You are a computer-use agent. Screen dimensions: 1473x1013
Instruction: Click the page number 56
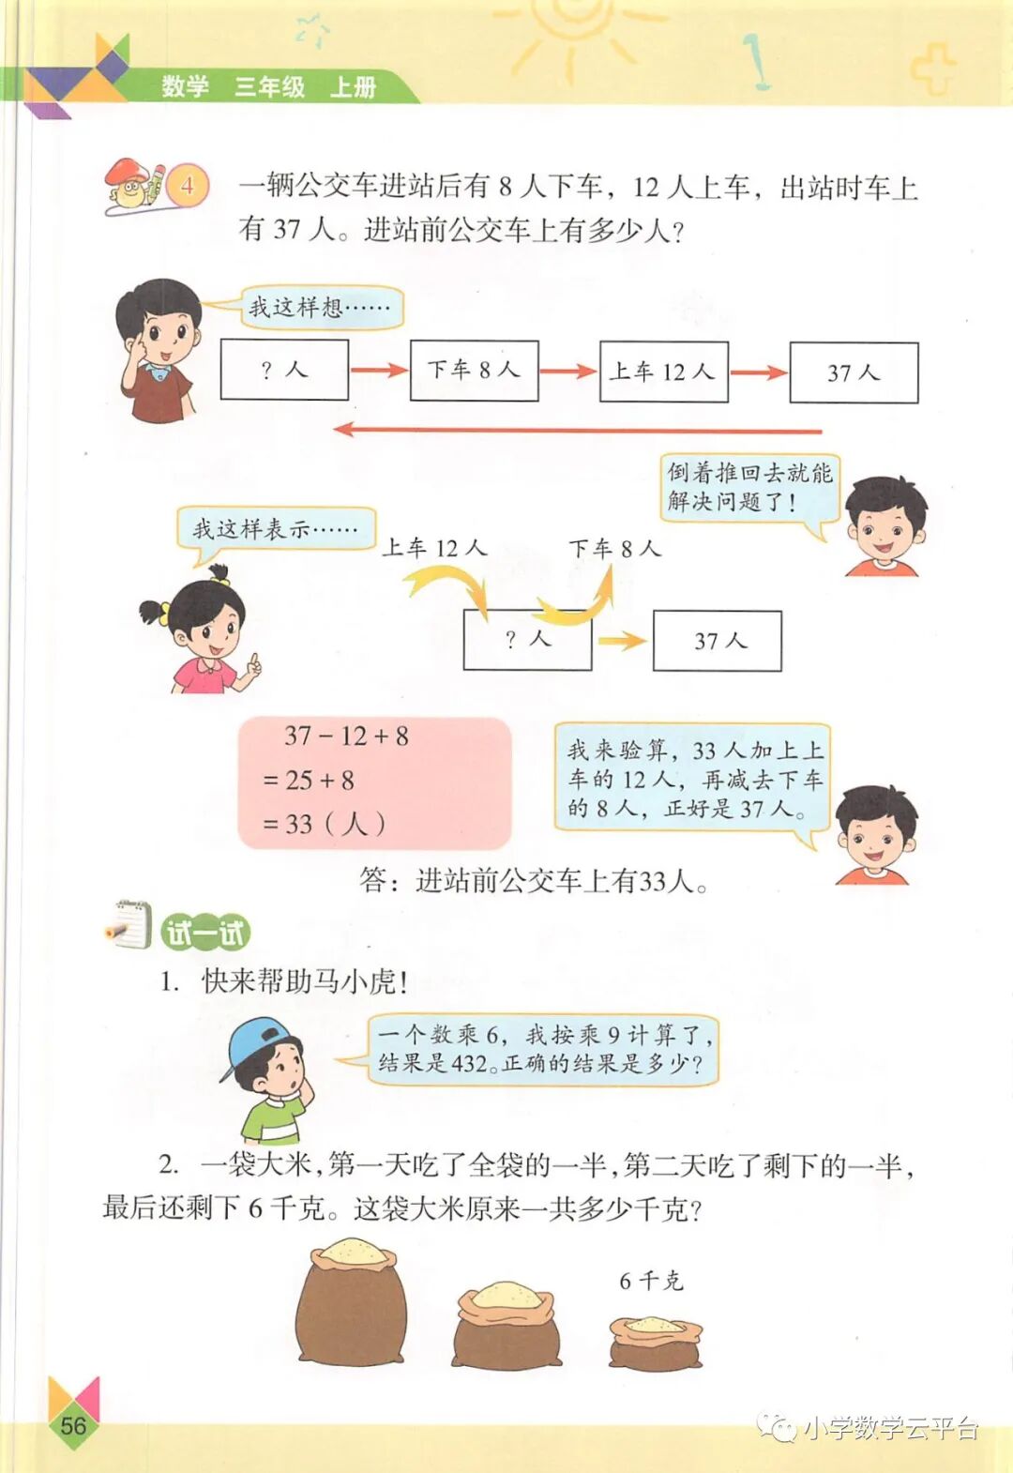(x=72, y=1425)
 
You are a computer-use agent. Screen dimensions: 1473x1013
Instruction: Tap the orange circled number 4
(x=188, y=184)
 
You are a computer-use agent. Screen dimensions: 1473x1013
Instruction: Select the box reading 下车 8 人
(x=474, y=371)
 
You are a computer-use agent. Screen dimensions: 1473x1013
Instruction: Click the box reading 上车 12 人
(x=663, y=372)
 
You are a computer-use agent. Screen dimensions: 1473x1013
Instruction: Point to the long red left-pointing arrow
(x=577, y=431)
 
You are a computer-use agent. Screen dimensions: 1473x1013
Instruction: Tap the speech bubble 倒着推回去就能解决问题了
(x=748, y=486)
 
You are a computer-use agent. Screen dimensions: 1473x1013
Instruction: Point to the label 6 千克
(x=651, y=1281)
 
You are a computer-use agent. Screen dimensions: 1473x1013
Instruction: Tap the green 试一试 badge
(x=205, y=933)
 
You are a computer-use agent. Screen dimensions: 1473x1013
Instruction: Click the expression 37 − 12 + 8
(x=346, y=736)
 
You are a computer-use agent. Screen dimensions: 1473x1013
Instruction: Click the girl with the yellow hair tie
(x=202, y=629)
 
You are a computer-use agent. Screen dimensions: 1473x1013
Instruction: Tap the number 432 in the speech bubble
(x=468, y=1063)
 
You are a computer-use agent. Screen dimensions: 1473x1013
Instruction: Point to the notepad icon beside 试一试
(x=129, y=925)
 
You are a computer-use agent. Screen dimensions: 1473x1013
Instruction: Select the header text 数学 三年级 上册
(x=268, y=87)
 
